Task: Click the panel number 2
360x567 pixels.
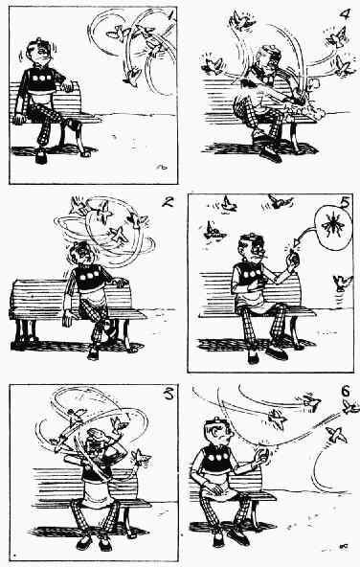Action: (167, 201)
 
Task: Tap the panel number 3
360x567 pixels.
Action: (169, 394)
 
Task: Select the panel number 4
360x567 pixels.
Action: (346, 13)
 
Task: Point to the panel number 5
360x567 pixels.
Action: (346, 202)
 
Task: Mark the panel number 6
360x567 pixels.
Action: (346, 391)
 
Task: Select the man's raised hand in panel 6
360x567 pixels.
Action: (262, 457)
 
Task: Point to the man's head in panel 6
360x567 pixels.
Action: (218, 431)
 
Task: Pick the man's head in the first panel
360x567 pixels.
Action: (38, 51)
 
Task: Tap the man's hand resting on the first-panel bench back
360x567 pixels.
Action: (68, 86)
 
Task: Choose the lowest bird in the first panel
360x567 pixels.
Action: (131, 77)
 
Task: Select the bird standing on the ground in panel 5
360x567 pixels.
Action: (342, 283)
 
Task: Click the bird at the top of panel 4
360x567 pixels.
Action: (241, 20)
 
